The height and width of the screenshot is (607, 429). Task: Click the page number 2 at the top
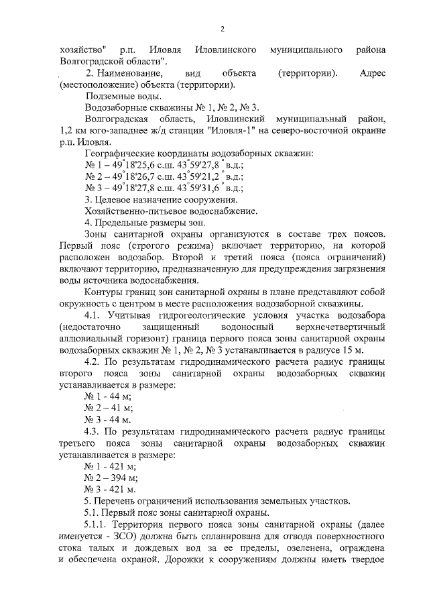click(x=223, y=27)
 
